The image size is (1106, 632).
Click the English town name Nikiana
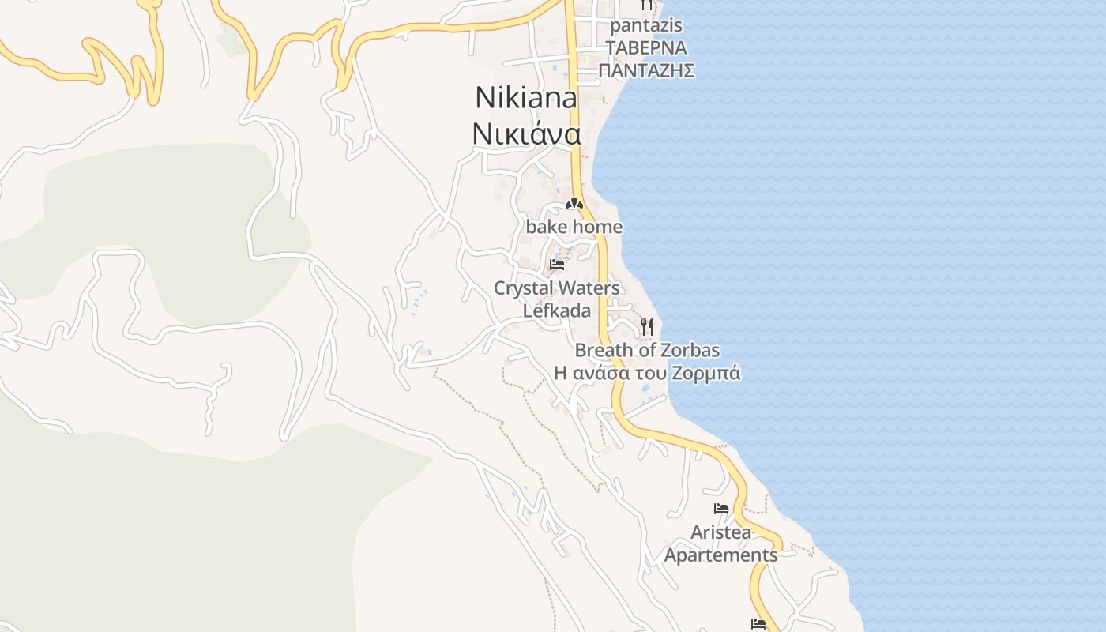(x=525, y=98)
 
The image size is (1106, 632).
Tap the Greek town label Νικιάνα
(x=526, y=134)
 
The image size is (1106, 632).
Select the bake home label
(x=574, y=228)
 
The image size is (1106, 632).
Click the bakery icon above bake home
(x=574, y=205)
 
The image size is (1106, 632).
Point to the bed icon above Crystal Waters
(x=557, y=264)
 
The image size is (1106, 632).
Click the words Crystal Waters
(x=557, y=288)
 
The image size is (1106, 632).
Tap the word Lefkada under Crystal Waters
(x=557, y=310)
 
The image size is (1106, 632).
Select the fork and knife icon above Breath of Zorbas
(x=647, y=326)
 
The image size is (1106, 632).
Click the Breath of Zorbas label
(x=647, y=350)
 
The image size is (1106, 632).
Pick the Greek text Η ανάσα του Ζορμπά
(x=647, y=373)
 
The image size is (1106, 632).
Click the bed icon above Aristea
(x=721, y=509)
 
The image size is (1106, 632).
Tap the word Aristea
(x=721, y=532)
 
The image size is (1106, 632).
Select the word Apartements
(x=720, y=555)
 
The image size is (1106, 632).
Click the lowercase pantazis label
(x=646, y=26)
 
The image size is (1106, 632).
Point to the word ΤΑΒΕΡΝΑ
(x=646, y=48)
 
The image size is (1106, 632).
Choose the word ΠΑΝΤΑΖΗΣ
(x=646, y=71)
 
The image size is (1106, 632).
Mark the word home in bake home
(x=597, y=228)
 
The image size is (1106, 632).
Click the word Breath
(x=604, y=350)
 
